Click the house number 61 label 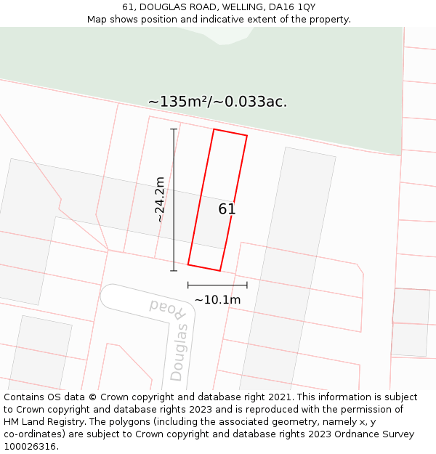227,209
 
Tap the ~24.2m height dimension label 160,200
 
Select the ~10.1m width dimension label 217,299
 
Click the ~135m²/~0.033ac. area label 217,102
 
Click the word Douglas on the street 179,353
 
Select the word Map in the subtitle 97,20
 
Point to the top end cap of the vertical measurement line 174,129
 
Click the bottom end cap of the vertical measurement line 174,271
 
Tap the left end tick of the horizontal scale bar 188,285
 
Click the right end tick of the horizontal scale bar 247,285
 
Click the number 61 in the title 128,7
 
